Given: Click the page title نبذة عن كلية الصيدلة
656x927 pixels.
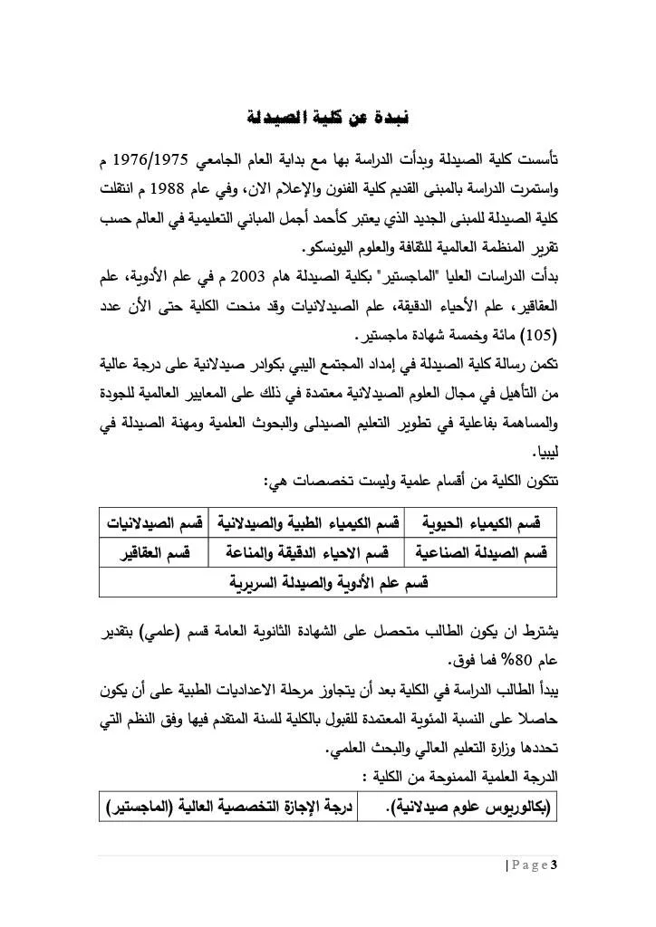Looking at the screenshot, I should [328, 119].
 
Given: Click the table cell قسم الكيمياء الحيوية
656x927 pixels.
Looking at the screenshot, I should [486, 524].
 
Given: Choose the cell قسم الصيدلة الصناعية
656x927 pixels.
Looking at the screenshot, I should [486, 552].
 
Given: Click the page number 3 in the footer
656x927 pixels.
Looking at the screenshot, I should [554, 866].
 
